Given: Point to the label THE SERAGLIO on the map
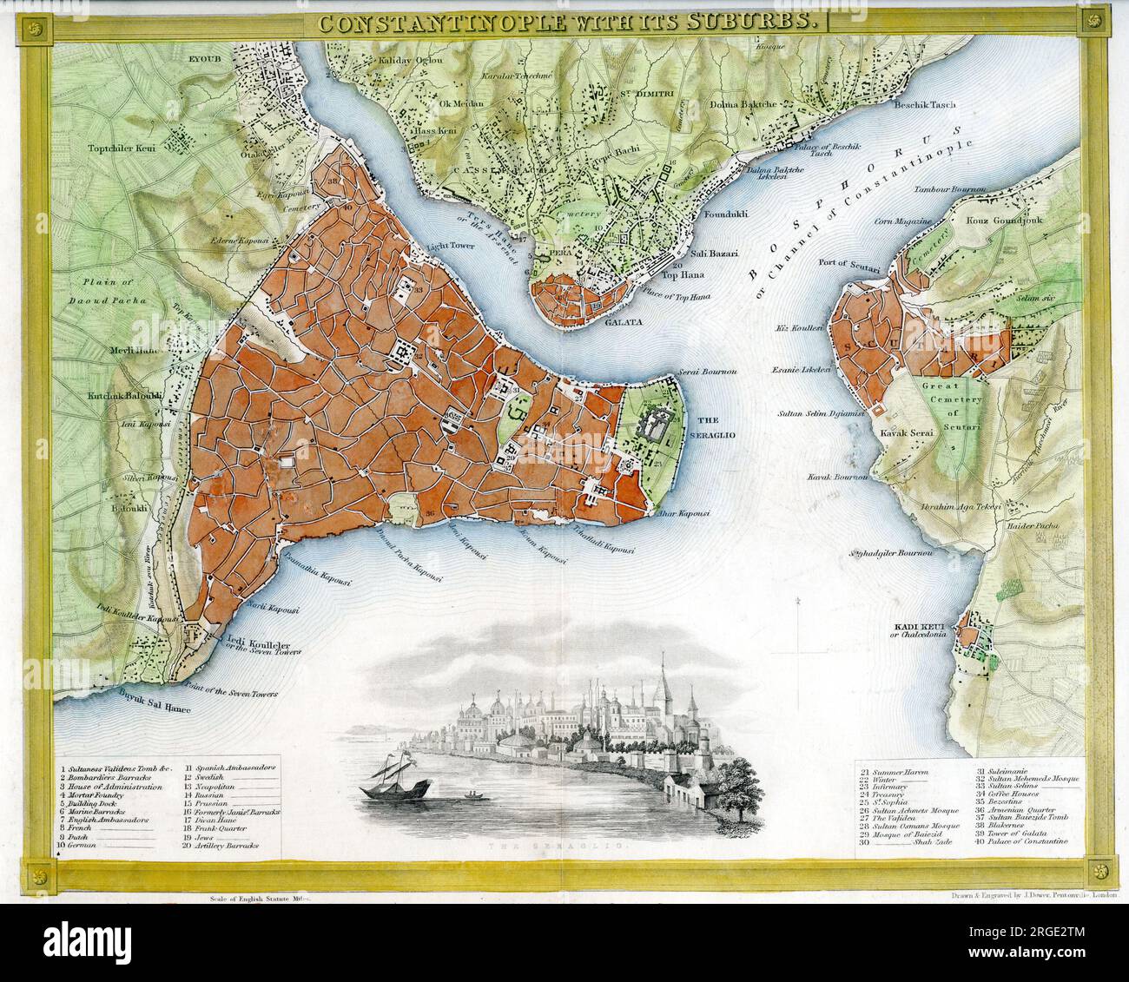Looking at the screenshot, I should pos(714,419).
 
